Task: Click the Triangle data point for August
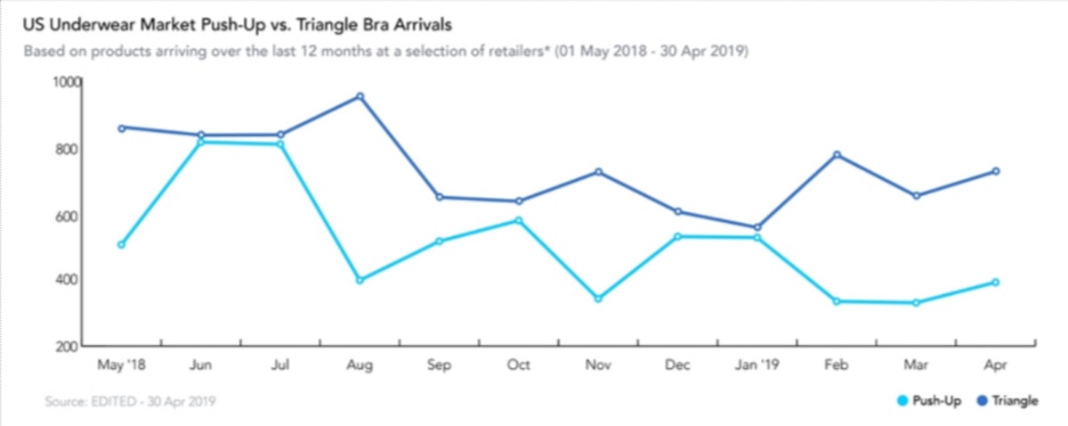[360, 96]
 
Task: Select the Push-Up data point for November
[597, 299]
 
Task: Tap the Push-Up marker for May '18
[121, 244]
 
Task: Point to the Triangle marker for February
[837, 155]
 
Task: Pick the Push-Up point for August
[360, 280]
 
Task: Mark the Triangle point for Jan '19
[756, 227]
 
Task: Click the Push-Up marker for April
[995, 283]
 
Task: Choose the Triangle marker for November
[597, 172]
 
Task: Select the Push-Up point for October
[518, 220]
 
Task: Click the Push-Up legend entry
[930, 401]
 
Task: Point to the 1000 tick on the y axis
[67, 82]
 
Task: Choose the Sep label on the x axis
[439, 365]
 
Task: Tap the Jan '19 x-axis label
[756, 365]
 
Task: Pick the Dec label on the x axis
[677, 365]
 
